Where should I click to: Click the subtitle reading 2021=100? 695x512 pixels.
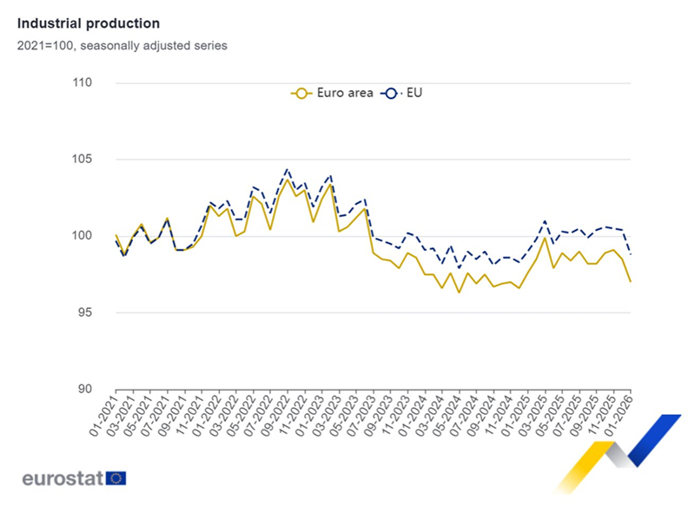[122, 45]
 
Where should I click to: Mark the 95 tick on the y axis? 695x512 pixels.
[83, 312]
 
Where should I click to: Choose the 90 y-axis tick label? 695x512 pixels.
[83, 389]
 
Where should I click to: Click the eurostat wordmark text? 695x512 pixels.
[62, 478]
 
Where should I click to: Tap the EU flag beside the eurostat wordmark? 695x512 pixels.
[116, 478]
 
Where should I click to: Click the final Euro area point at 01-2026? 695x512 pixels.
[631, 281]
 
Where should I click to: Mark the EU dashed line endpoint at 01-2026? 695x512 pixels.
[631, 254]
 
